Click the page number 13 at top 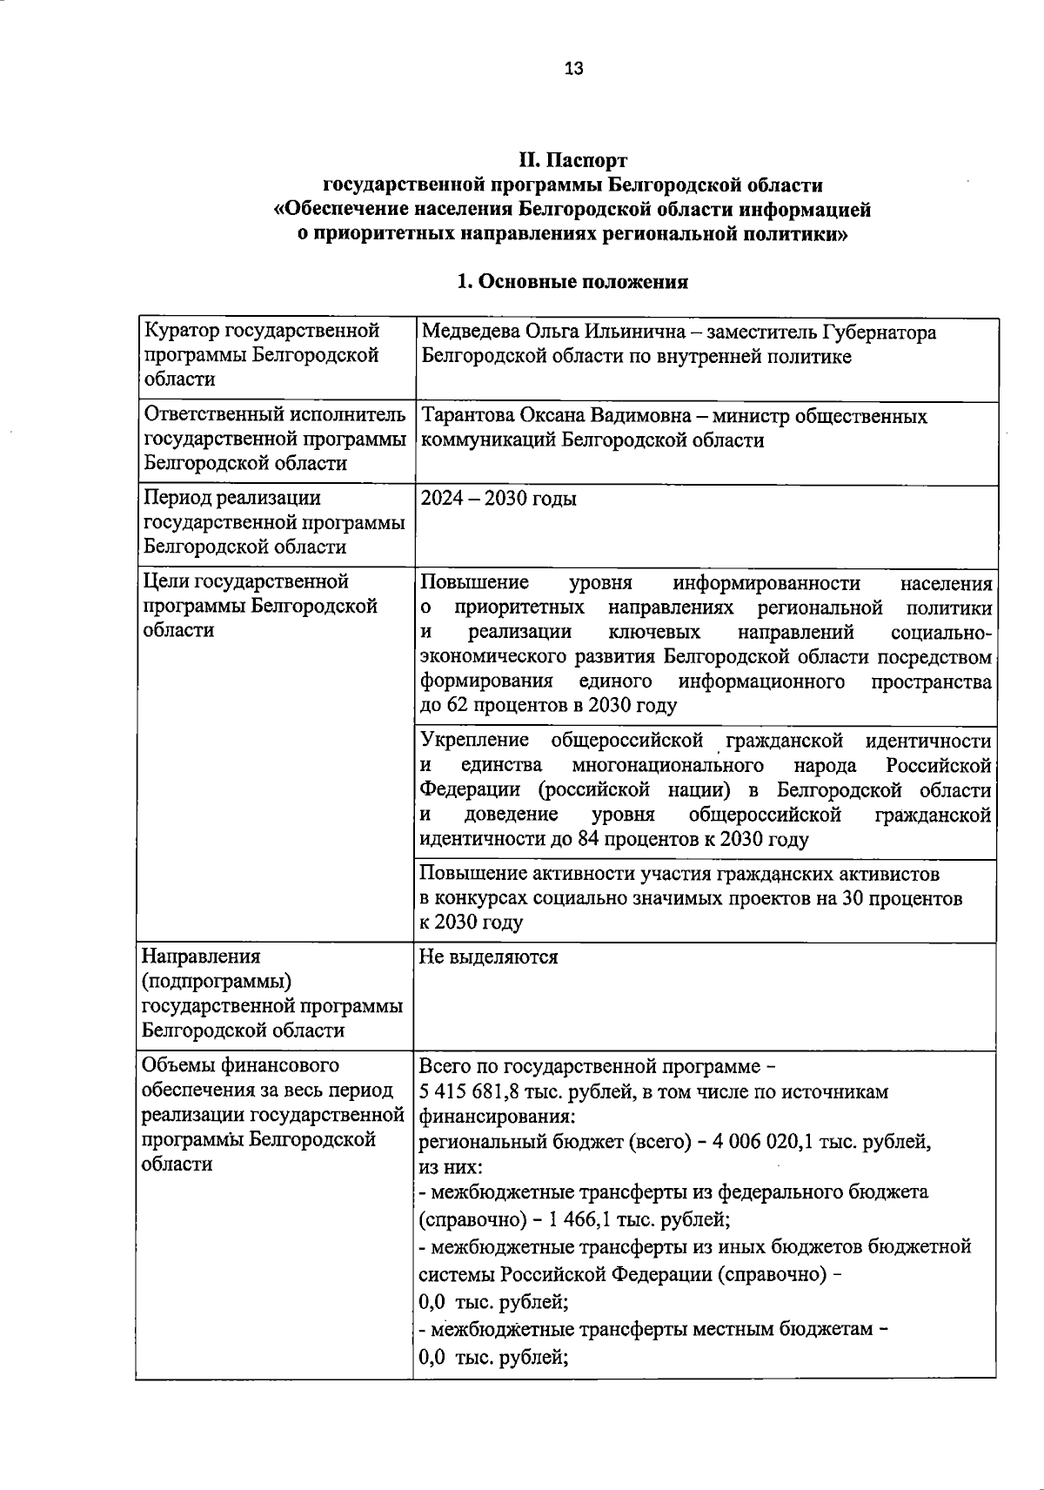pos(574,70)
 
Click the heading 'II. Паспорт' pos(572,161)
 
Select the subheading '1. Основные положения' pos(572,282)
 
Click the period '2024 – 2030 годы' pos(498,499)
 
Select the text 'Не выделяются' pos(488,957)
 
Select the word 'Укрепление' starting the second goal pos(474,741)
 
